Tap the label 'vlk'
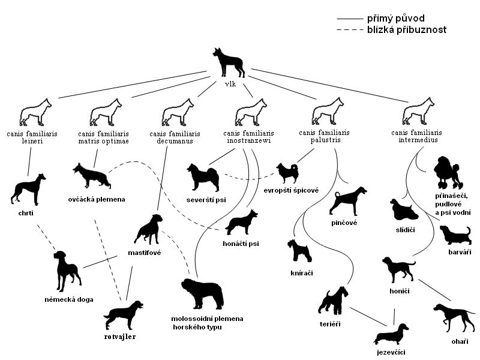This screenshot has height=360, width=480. click(229, 83)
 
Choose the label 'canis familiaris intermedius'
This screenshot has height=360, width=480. click(416, 136)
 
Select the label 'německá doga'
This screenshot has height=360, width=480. click(68, 299)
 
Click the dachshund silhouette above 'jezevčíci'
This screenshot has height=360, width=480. click(390, 334)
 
